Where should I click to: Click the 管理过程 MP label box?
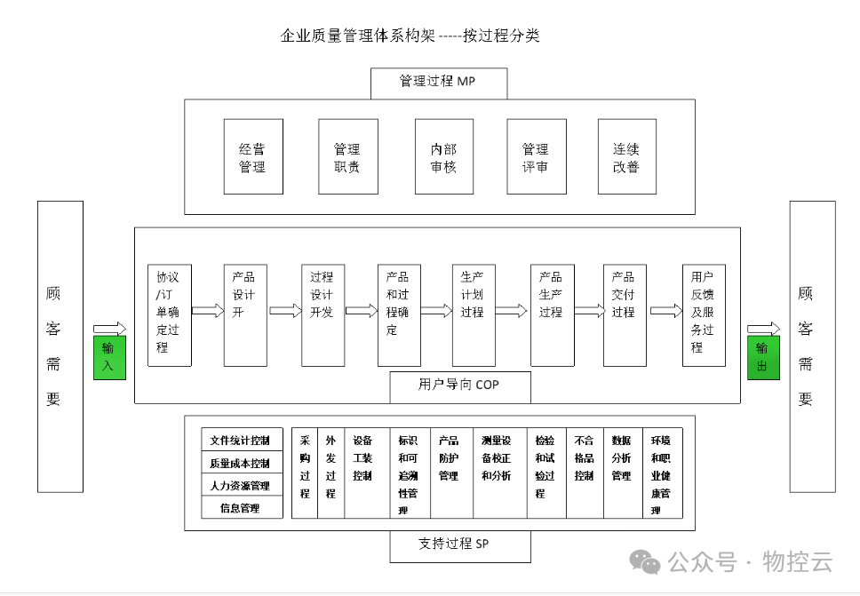[439, 83]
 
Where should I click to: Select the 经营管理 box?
[252, 157]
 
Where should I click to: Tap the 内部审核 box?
[443, 157]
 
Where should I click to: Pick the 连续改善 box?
[626, 157]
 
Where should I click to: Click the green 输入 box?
[110, 357]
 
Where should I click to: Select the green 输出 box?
[763, 357]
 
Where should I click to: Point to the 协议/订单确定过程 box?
[168, 314]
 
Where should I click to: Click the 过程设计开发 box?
[321, 314]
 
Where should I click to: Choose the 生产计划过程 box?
[473, 314]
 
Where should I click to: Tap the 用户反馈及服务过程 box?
[704, 314]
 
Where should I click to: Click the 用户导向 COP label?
[460, 385]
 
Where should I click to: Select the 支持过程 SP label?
[460, 544]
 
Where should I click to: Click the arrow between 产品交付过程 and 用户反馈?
[665, 311]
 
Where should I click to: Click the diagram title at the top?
[410, 36]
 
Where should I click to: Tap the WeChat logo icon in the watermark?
[645, 561]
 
